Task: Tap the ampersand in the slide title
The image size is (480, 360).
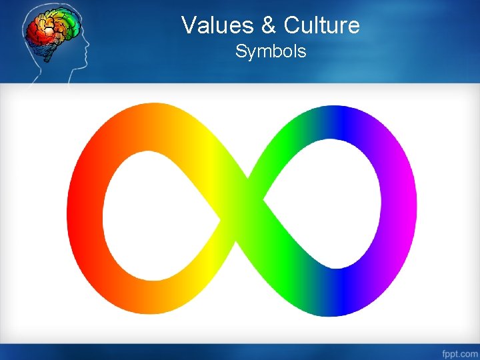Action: (269, 25)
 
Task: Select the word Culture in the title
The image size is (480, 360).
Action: (321, 25)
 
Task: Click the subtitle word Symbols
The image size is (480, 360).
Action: (271, 51)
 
